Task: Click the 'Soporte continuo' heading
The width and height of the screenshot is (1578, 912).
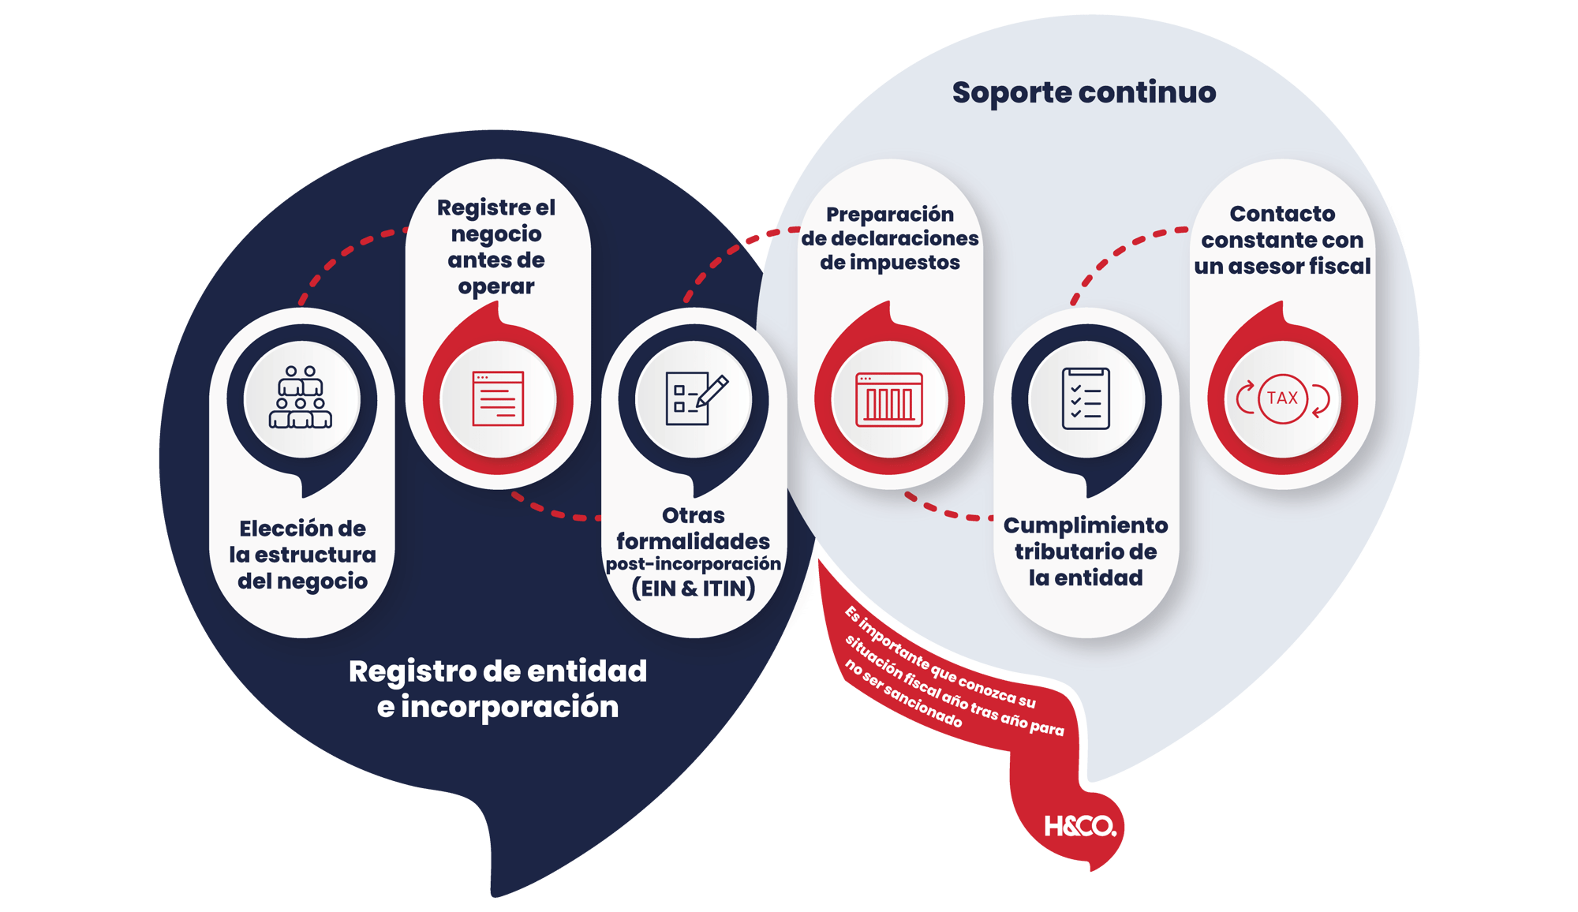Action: click(x=1083, y=93)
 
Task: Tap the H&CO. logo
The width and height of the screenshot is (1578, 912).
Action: click(x=1079, y=826)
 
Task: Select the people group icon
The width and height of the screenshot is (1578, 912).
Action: click(x=301, y=398)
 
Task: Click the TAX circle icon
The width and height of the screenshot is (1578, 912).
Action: click(x=1282, y=398)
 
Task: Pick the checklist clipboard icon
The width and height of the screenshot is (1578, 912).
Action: click(x=1086, y=398)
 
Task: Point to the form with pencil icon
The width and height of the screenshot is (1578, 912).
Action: click(x=695, y=398)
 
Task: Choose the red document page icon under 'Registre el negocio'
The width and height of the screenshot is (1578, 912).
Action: click(x=498, y=398)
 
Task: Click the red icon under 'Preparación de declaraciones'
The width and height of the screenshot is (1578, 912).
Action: click(x=889, y=398)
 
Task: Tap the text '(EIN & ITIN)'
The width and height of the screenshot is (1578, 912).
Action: click(x=693, y=589)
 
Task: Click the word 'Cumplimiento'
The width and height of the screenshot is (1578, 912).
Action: click(x=1086, y=525)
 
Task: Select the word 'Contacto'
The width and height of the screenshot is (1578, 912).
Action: click(x=1282, y=214)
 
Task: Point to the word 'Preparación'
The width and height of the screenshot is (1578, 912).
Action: click(x=889, y=215)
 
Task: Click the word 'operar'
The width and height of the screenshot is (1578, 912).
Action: click(x=496, y=286)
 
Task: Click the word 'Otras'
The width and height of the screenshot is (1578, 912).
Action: click(x=693, y=516)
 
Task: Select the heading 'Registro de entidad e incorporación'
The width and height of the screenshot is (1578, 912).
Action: click(x=497, y=689)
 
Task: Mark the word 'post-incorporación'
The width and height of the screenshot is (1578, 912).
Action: click(x=693, y=564)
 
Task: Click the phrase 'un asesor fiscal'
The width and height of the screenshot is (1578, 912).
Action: click(x=1282, y=267)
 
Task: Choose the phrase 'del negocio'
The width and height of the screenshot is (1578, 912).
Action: click(x=302, y=581)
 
